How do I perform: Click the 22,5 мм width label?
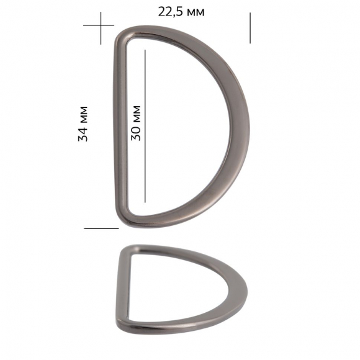tap(181, 12)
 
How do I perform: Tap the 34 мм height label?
tap(83, 124)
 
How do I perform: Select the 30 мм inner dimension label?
tap(136, 124)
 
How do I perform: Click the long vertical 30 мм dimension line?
tap(145, 126)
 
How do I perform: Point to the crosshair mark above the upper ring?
tap(101, 25)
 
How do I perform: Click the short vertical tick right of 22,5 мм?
tap(250, 28)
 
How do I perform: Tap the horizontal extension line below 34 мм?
tap(101, 228)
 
